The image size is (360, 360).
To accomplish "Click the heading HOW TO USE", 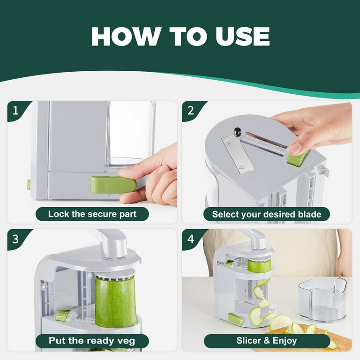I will click(180, 37).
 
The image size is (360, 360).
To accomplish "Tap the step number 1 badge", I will click(16, 111).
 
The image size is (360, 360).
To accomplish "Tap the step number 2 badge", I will click(191, 111).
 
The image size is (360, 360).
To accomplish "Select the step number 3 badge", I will click(16, 239).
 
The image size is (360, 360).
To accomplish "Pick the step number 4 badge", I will click(191, 239).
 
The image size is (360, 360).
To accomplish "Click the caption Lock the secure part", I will click(92, 214).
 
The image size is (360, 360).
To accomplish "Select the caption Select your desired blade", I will click(266, 214).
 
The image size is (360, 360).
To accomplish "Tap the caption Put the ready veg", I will click(92, 341).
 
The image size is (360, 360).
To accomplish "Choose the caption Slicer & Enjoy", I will click(266, 341).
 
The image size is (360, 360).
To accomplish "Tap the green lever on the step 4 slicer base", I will click(235, 319).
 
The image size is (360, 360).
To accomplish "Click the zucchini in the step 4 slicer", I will click(259, 266).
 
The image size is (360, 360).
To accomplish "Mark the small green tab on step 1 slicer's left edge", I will click(29, 185).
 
